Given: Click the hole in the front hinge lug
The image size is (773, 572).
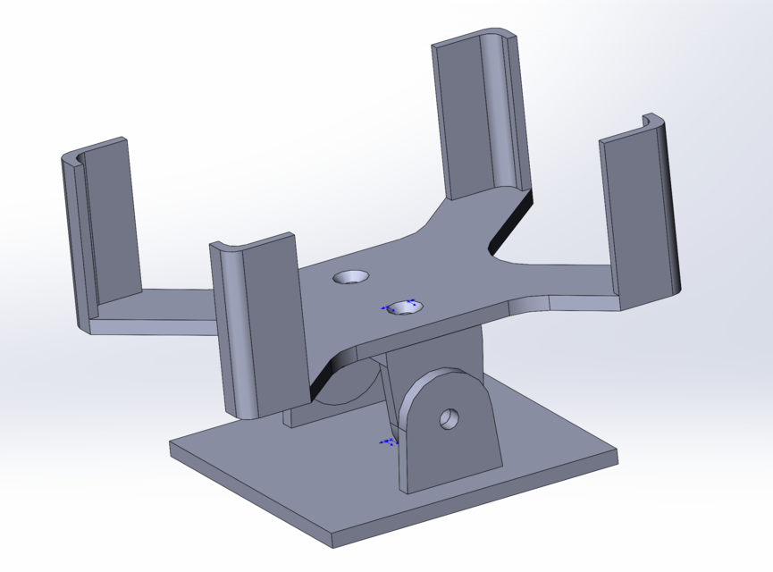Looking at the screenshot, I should tap(449, 417).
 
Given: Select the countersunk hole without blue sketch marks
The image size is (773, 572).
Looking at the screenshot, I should tap(350, 277).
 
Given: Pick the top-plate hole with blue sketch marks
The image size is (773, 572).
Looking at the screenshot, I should tap(404, 307).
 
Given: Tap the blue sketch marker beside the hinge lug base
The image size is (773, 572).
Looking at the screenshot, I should tap(388, 442).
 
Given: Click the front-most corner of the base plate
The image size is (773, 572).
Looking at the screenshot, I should tap(332, 543).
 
